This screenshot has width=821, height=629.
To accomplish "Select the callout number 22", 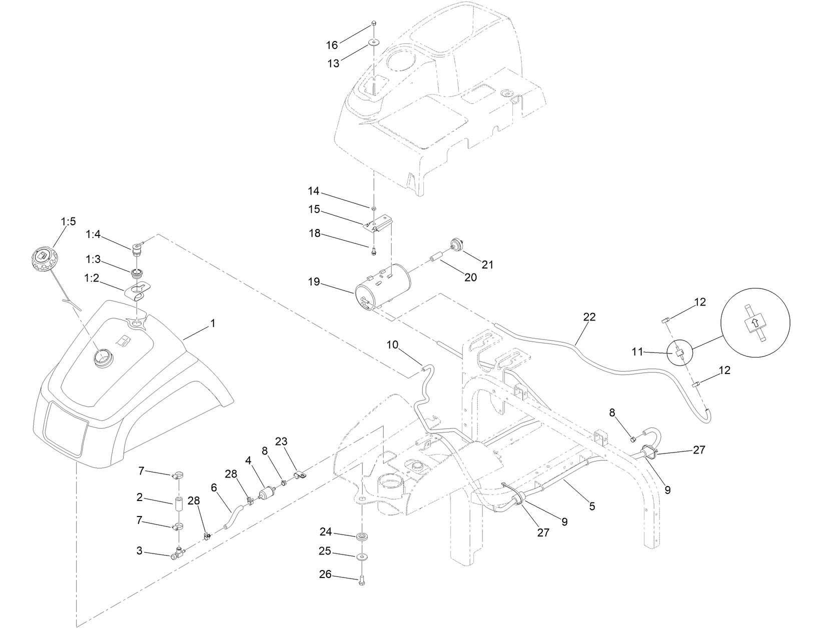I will (x=590, y=317).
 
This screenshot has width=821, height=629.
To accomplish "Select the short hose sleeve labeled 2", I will (x=179, y=503).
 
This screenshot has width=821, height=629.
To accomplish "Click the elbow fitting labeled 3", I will (x=178, y=553).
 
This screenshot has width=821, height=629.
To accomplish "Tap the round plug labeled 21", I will (x=456, y=243).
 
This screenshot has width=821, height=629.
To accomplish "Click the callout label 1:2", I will (x=92, y=278).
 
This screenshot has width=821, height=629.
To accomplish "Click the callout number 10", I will (x=393, y=344).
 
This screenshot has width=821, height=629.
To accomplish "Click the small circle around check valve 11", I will (x=678, y=353).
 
